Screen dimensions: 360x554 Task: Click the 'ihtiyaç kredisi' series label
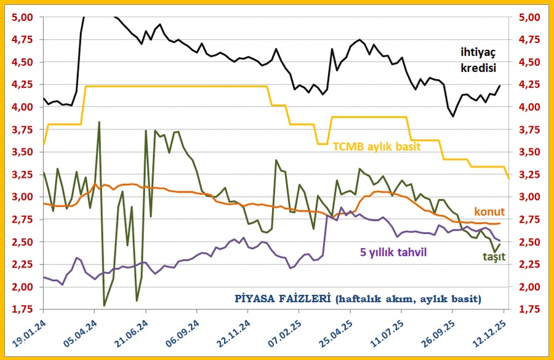click(478, 59)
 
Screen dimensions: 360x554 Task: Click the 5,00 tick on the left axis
click(24, 17)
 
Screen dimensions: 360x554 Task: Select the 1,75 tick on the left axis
click(24, 310)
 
